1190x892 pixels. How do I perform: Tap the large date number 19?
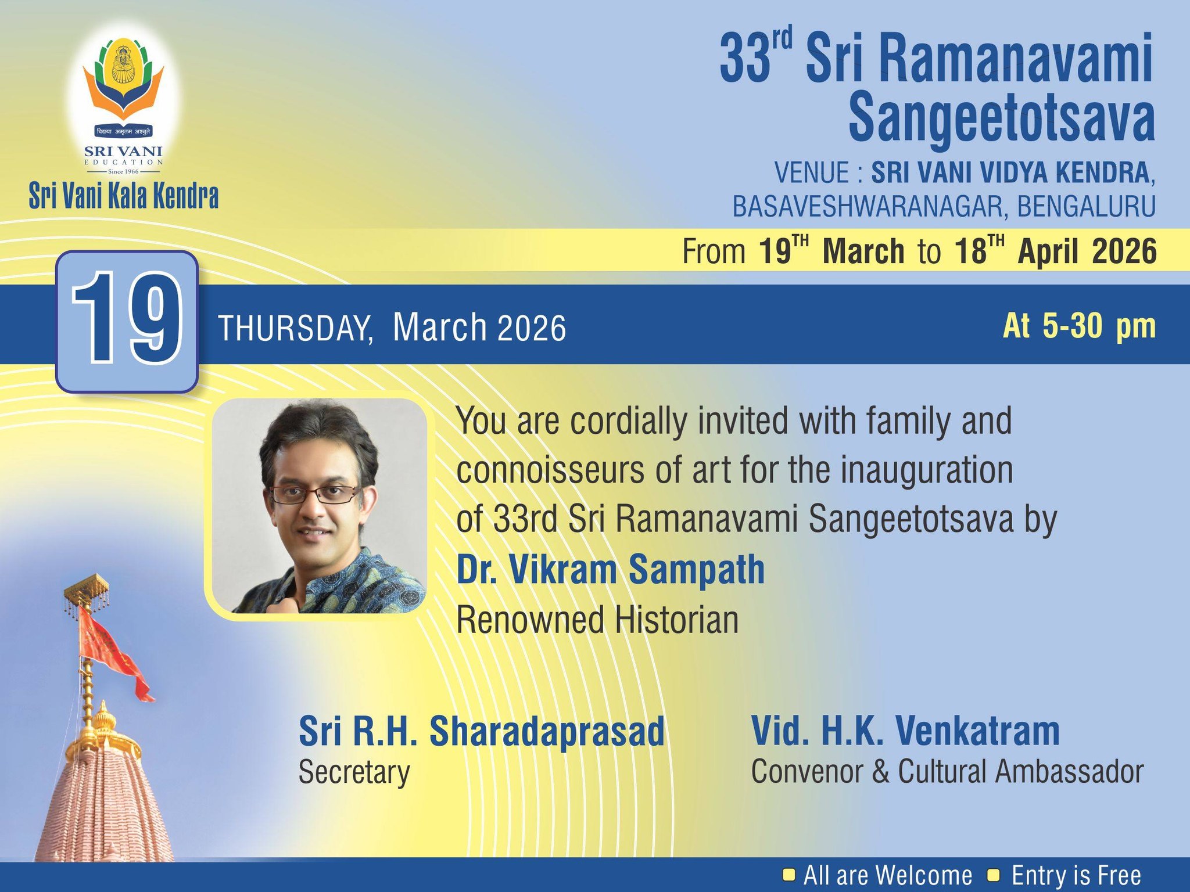click(x=127, y=320)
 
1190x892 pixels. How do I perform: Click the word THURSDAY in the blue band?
click(x=295, y=328)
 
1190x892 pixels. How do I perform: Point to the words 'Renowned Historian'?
click(x=597, y=620)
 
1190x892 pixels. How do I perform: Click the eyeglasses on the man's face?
click(x=314, y=494)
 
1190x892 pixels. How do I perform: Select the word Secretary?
click(x=354, y=772)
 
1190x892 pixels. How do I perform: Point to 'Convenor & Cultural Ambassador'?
click(x=947, y=772)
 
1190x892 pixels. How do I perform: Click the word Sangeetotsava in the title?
click(x=1002, y=118)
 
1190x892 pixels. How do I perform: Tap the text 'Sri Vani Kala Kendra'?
click(x=124, y=196)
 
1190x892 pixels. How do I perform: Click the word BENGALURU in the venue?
click(x=1086, y=206)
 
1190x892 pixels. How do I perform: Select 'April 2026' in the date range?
click(x=1087, y=251)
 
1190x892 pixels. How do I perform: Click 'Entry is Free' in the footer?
click(x=1076, y=875)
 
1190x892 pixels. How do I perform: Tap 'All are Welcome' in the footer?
click(x=888, y=875)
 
